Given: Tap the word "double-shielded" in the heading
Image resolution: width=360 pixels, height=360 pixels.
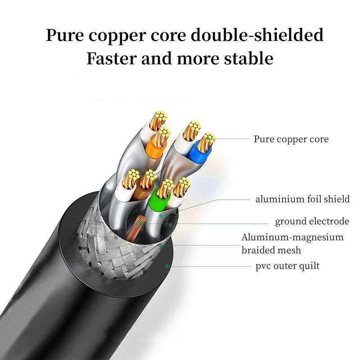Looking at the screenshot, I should pos(257,35).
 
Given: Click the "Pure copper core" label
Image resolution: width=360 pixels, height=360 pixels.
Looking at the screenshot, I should pos(291,139).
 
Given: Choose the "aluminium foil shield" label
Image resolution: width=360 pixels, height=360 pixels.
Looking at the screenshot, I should pos(302,199).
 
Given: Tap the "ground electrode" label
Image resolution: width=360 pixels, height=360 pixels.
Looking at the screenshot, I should pos(312,221).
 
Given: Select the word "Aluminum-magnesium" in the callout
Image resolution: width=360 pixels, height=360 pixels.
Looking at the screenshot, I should pos(292,237).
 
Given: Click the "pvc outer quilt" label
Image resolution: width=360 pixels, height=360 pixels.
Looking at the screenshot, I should pos(288,266).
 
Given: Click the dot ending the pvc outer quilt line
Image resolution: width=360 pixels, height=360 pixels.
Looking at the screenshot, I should pos(167,266).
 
